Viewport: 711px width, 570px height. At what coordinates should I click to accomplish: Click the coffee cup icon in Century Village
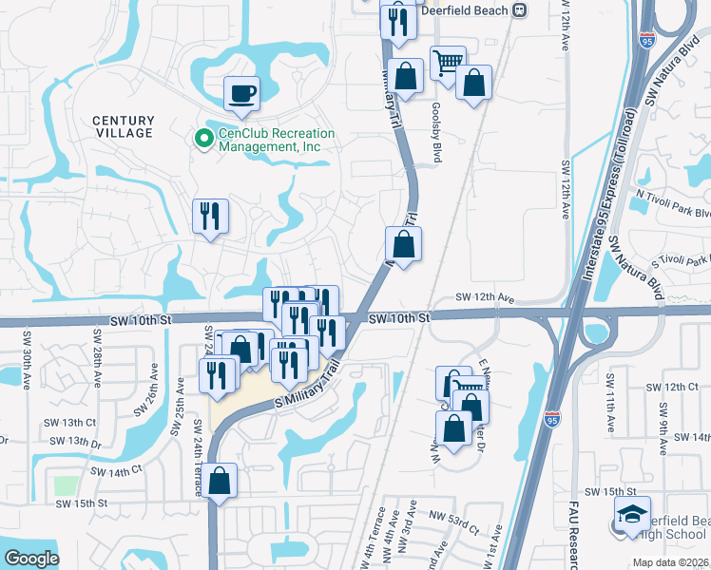pos(241,94)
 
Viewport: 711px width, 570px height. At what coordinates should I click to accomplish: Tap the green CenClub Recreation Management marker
pos(203,139)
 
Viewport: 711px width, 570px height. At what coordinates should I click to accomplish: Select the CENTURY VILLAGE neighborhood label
pos(124,126)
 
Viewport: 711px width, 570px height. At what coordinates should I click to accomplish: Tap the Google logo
pos(31,558)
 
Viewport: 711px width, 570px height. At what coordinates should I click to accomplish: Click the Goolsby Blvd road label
pos(435,134)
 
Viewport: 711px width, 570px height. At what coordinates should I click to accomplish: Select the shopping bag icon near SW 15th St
pos(220,482)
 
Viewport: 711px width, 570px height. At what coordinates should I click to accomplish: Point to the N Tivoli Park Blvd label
pos(674,206)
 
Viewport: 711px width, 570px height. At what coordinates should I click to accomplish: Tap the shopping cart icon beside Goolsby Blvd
pos(448,65)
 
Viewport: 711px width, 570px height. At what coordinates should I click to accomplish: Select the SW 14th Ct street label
pos(116,469)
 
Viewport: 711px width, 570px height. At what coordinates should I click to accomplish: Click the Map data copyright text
pos(669,561)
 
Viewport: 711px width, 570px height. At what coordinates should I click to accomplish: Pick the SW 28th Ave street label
pos(96,357)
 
